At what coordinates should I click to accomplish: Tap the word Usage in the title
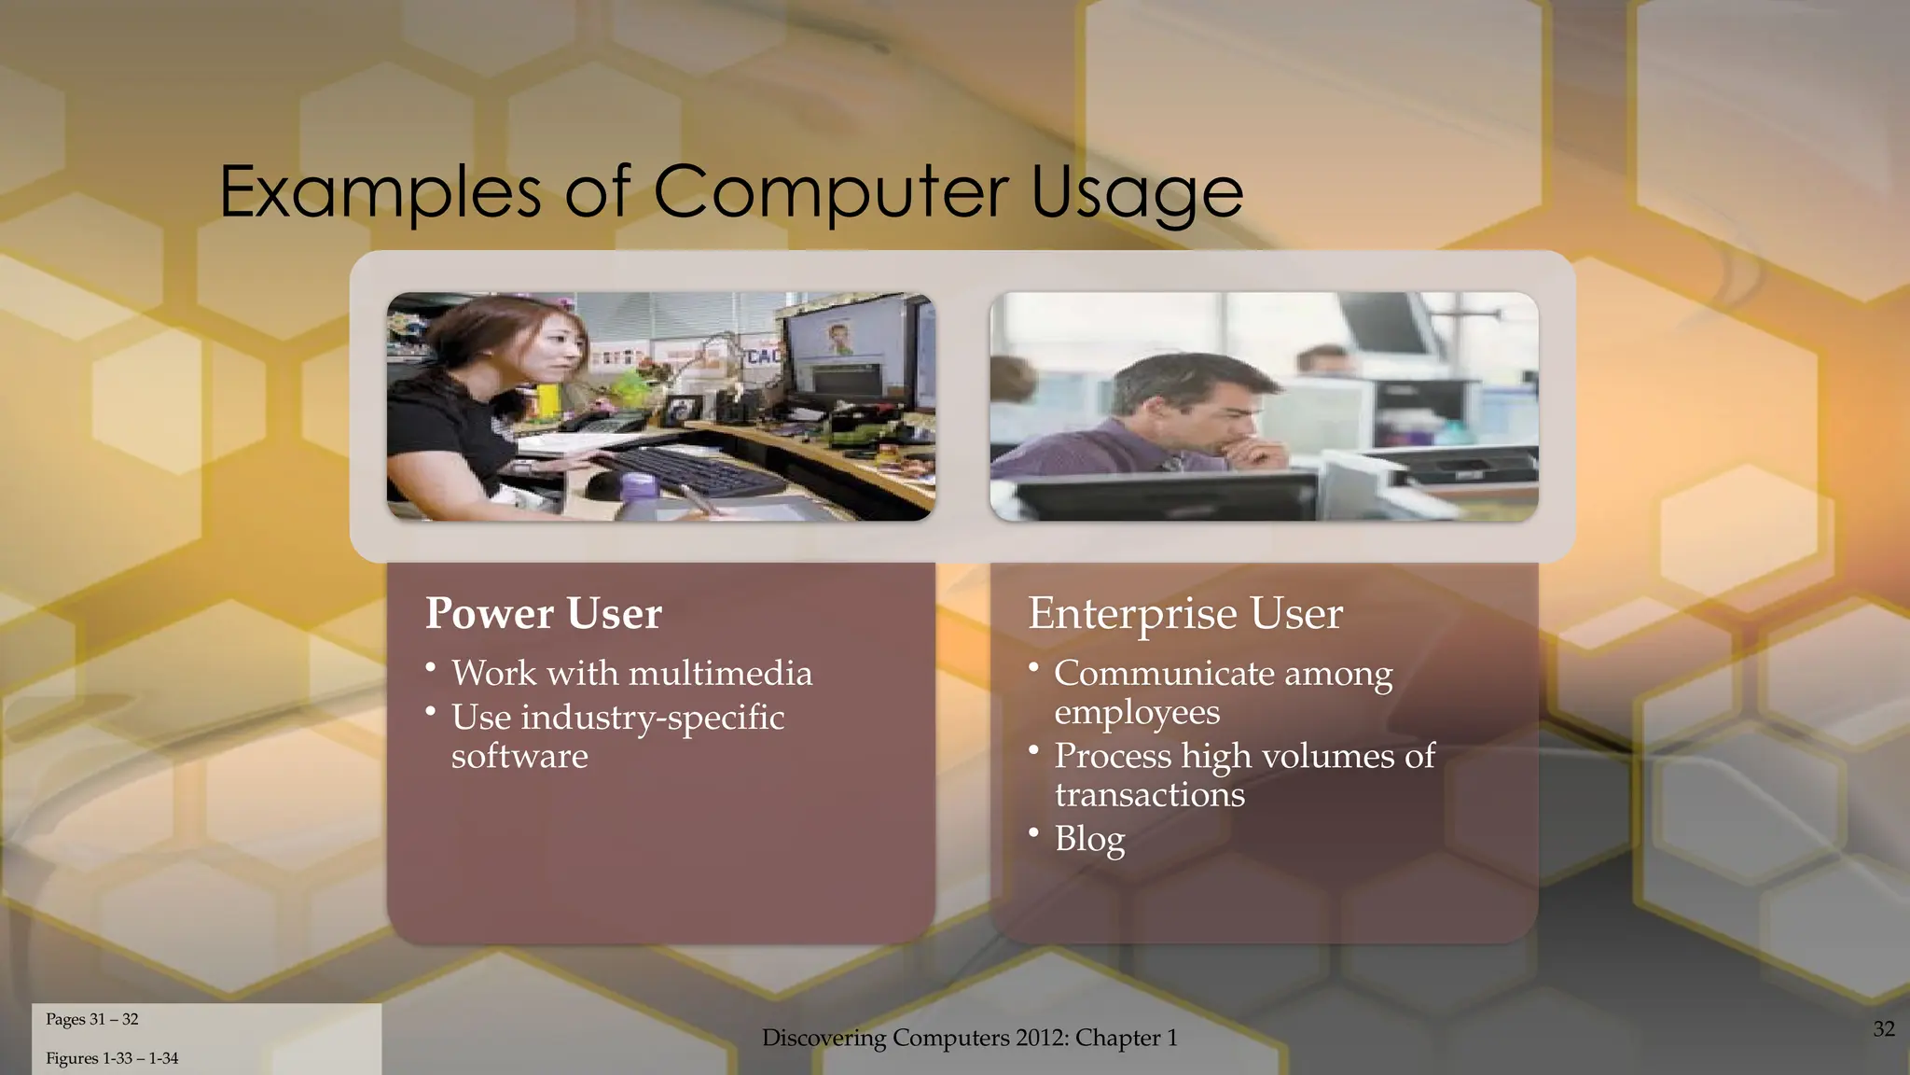tap(1137, 193)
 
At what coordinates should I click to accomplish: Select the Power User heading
tap(543, 613)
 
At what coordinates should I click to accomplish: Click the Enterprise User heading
tap(1184, 613)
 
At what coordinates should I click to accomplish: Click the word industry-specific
tap(652, 717)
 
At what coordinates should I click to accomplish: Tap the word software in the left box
tap(519, 756)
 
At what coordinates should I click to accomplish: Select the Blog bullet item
tap(1089, 838)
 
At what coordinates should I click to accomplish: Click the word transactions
tap(1149, 795)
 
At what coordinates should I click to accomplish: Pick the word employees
tap(1136, 712)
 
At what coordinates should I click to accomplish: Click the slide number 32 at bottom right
tap(1883, 1028)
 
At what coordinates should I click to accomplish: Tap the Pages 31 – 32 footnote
tap(91, 1019)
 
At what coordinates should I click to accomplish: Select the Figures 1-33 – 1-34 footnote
tap(112, 1058)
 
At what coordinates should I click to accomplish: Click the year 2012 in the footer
tap(1042, 1038)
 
